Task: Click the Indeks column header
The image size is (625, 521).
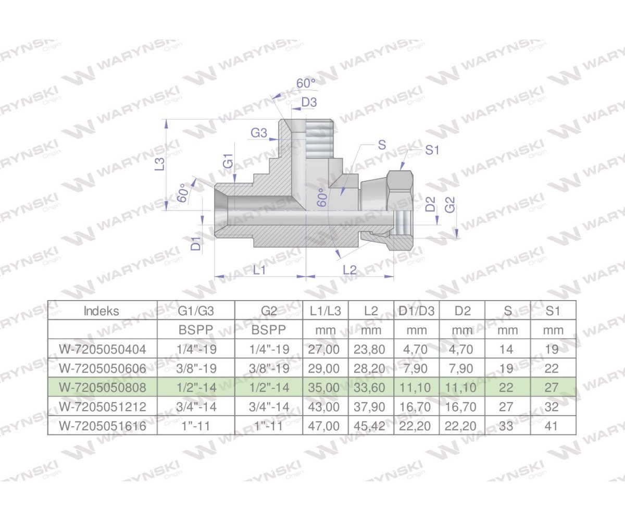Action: pos(102,311)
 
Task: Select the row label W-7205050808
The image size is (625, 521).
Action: pos(102,388)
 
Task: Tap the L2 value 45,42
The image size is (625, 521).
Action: pos(371,426)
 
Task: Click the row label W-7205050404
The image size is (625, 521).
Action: pos(102,349)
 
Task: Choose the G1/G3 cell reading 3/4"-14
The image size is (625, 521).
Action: pos(196,407)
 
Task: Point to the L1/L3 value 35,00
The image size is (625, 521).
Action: pos(326,388)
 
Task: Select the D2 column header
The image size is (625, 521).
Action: pos(462,311)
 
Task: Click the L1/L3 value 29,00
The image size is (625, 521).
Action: pos(326,368)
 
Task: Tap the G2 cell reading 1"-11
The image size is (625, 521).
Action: pos(268,426)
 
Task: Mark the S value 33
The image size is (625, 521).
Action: pos(507,426)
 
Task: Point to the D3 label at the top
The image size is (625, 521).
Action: pos(309,103)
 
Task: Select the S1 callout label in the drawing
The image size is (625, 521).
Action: pos(432,150)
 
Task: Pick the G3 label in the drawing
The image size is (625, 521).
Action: pos(259,133)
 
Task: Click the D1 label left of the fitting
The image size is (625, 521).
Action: pos(196,243)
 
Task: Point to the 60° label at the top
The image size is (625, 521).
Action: pos(306,83)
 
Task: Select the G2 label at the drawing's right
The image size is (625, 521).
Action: pos(451,204)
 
